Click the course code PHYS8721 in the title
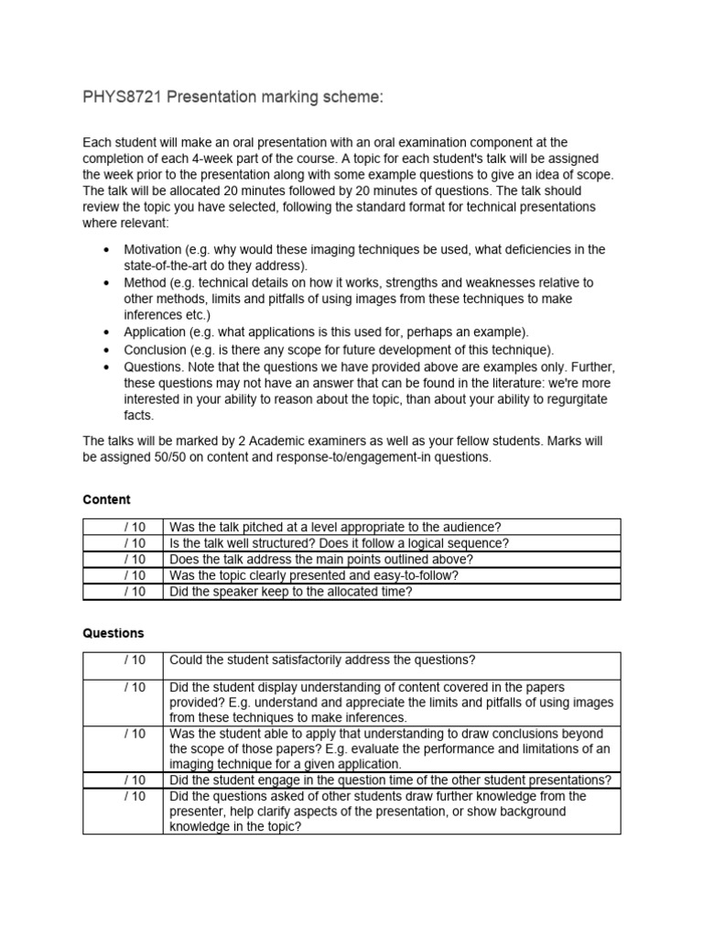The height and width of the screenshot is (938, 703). point(123,98)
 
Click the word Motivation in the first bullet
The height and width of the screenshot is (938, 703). point(154,250)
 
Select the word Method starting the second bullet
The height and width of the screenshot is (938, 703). point(145,282)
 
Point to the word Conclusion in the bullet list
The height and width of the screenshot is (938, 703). point(156,350)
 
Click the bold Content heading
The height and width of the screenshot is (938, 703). point(106,499)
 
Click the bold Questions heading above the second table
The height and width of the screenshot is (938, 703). point(113,633)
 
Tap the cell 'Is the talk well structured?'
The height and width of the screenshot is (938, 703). point(339,543)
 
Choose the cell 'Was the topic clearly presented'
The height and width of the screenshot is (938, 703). point(314,575)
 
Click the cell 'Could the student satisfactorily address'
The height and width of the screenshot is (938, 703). point(322,660)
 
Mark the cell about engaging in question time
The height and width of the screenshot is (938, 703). point(391,780)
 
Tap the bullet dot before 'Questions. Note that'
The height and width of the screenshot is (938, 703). point(107,366)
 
